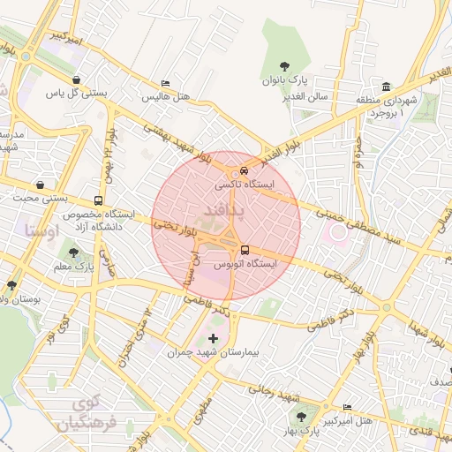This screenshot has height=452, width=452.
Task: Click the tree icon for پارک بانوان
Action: pos(283,66)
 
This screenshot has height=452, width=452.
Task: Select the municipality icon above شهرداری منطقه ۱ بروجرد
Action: pos(388,86)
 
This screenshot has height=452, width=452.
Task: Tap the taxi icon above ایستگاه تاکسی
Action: pos(244,171)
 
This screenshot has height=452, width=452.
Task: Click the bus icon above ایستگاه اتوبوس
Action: pos(245,250)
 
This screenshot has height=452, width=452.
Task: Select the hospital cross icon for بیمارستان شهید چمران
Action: pos(213,338)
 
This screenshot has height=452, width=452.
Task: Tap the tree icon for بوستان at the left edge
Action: pos(11,285)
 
